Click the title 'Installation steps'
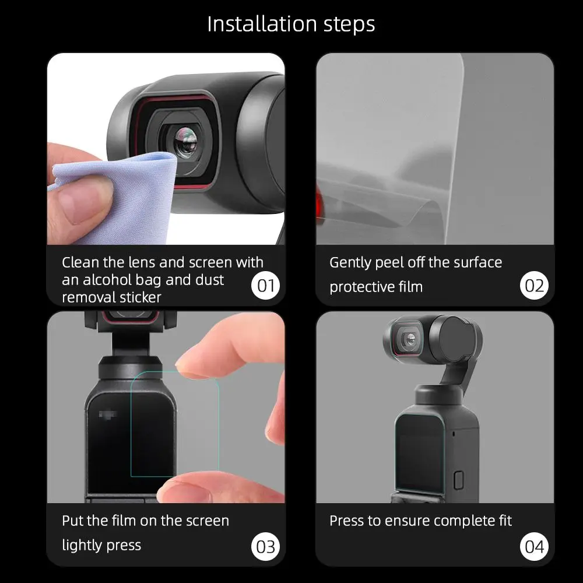click(x=291, y=24)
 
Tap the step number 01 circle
click(x=266, y=286)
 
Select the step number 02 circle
click(x=534, y=286)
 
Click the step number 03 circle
click(x=266, y=546)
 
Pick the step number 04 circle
click(x=534, y=546)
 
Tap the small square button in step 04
click(x=458, y=480)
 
